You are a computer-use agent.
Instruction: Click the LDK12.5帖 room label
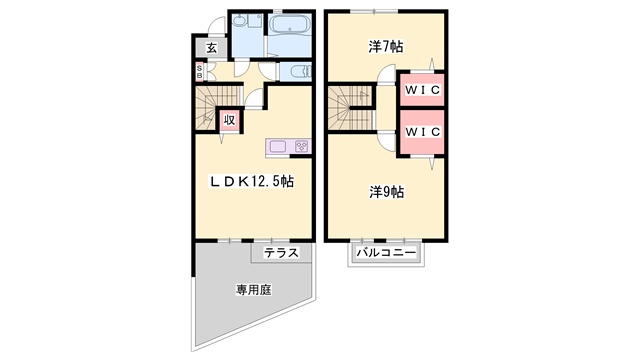click(252, 181)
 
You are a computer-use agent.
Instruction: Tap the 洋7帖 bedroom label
click(386, 47)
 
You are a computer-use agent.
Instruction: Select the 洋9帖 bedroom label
click(387, 191)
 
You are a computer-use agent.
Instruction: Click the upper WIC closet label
click(422, 90)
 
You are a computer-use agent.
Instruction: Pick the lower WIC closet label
click(422, 132)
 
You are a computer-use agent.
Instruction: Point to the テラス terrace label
click(281, 253)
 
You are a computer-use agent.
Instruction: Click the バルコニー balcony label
click(386, 253)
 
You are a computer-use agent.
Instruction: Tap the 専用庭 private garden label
click(253, 290)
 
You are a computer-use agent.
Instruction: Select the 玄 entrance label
click(211, 48)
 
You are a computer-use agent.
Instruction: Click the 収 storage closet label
click(229, 120)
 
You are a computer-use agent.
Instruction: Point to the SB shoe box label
click(200, 72)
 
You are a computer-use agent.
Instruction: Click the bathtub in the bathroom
click(290, 24)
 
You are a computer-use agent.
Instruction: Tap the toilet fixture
click(301, 73)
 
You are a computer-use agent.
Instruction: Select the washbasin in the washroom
click(240, 20)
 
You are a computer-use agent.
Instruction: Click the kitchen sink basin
click(277, 146)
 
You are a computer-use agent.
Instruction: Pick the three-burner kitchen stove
click(302, 146)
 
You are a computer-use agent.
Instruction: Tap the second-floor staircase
click(351, 108)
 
